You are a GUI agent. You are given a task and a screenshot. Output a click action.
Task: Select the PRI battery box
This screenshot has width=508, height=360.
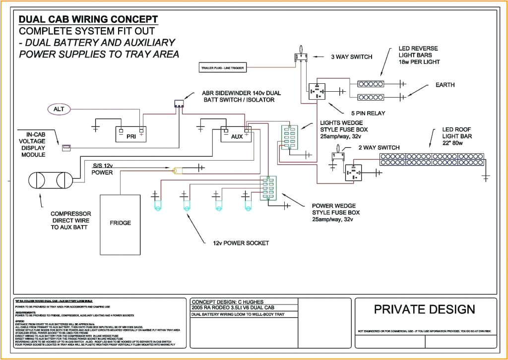click(132, 135)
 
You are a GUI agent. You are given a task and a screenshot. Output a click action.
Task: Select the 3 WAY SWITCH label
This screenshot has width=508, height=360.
click(351, 57)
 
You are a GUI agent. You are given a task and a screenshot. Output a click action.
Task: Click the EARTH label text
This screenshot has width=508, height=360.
click(444, 85)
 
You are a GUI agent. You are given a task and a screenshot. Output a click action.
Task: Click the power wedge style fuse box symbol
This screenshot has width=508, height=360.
click(268, 188)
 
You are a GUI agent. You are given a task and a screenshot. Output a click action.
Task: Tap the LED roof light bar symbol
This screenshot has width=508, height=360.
click(432, 159)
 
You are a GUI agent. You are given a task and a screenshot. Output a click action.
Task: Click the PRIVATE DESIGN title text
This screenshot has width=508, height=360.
click(424, 309)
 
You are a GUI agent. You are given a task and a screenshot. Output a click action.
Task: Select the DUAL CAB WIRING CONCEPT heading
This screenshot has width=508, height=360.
click(88, 19)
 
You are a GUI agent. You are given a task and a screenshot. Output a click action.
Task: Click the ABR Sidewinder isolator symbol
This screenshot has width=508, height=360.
click(179, 104)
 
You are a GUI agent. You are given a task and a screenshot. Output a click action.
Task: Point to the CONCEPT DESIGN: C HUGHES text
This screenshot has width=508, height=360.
click(224, 301)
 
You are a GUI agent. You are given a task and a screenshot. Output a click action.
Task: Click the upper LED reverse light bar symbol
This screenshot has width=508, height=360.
click(371, 83)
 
